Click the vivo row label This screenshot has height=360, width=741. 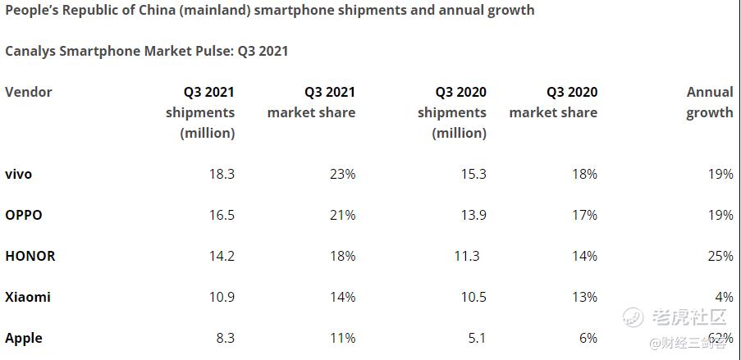point(18,174)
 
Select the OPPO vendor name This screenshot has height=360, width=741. point(24,215)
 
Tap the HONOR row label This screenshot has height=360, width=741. point(30,256)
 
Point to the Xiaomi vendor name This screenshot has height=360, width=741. point(28,297)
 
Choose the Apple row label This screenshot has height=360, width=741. point(24,338)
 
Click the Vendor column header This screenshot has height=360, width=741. point(29,92)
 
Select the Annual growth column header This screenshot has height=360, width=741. point(710,103)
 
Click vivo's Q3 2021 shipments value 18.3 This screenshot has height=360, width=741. point(221,174)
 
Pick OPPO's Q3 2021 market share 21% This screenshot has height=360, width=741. point(341,215)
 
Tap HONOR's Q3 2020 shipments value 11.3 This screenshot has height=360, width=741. point(466,256)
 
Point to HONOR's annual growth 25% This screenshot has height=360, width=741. point(719,256)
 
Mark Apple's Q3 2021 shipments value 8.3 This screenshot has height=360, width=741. point(224,338)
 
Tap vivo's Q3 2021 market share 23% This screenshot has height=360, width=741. point(341,174)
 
